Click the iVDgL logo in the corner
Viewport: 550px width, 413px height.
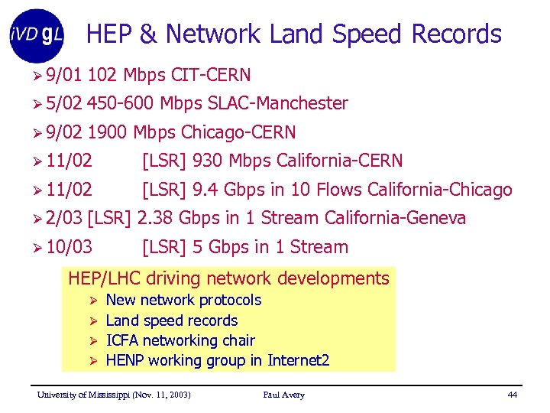tap(37, 35)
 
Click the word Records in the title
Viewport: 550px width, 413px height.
tap(457, 34)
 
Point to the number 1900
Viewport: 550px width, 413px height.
tap(108, 132)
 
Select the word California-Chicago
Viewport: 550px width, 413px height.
tap(440, 190)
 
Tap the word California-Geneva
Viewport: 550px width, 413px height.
tap(395, 218)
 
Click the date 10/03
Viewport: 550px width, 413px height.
tap(69, 247)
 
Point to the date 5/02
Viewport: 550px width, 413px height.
tap(63, 103)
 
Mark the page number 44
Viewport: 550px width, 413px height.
tap(512, 395)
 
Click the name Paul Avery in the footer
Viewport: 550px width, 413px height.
tap(283, 395)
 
